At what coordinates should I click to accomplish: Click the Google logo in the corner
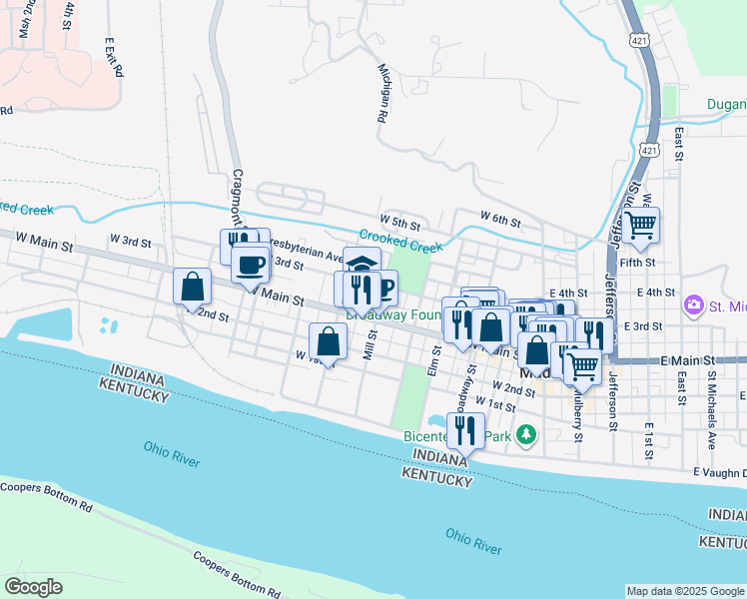point(34,587)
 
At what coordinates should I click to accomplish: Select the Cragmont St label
point(239,196)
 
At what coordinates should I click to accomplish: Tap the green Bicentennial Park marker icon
point(526,435)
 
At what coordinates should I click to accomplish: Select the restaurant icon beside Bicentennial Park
point(464,430)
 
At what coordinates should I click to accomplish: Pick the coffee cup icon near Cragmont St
point(250,266)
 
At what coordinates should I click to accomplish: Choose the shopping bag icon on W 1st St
point(328,341)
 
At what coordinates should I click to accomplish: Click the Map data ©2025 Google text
point(684,591)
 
